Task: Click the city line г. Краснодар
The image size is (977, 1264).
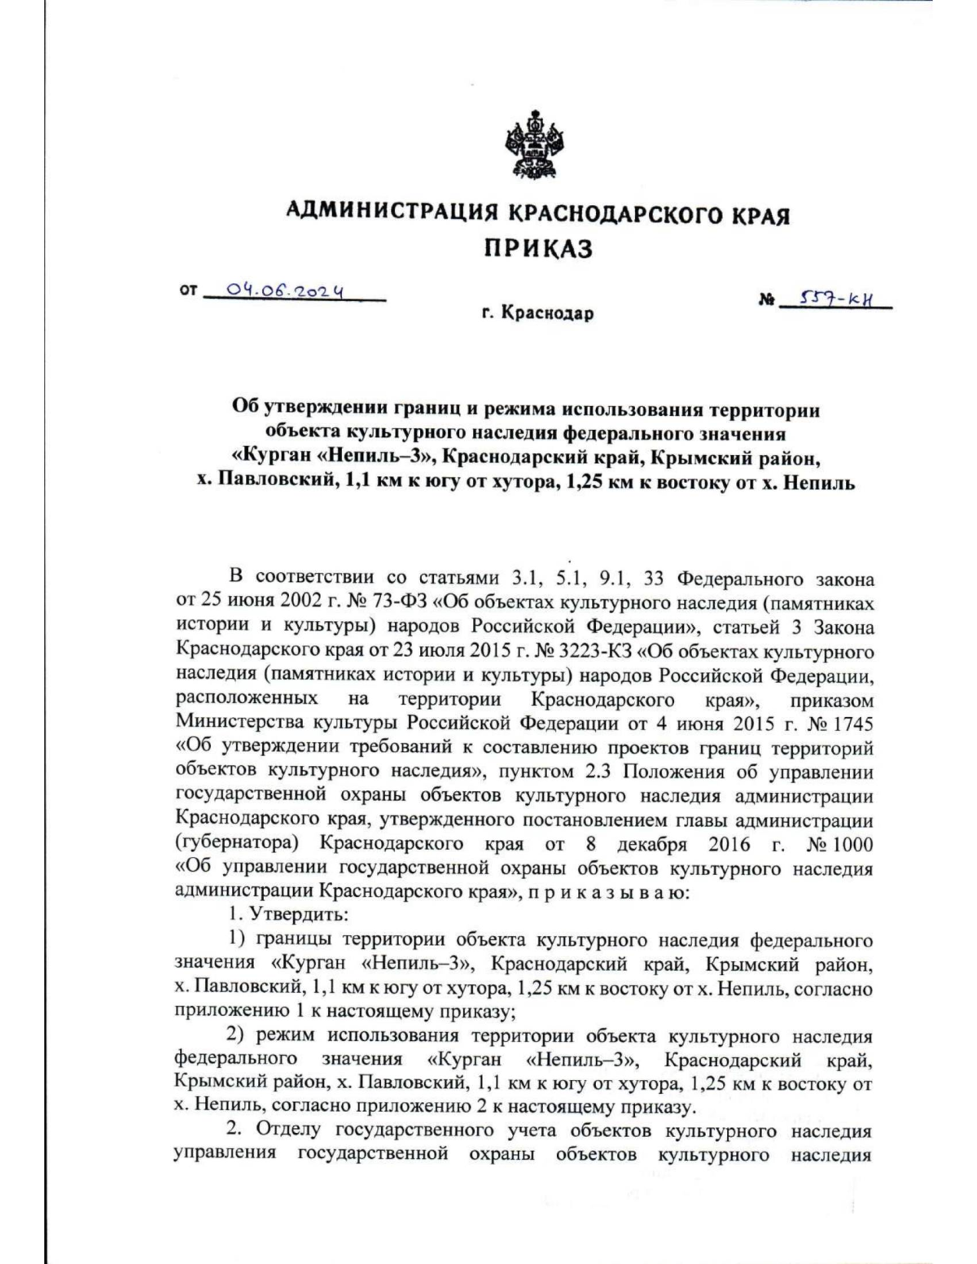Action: pos(537,313)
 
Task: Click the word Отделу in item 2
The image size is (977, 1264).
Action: pos(292,1131)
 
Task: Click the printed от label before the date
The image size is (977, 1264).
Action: pos(188,291)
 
